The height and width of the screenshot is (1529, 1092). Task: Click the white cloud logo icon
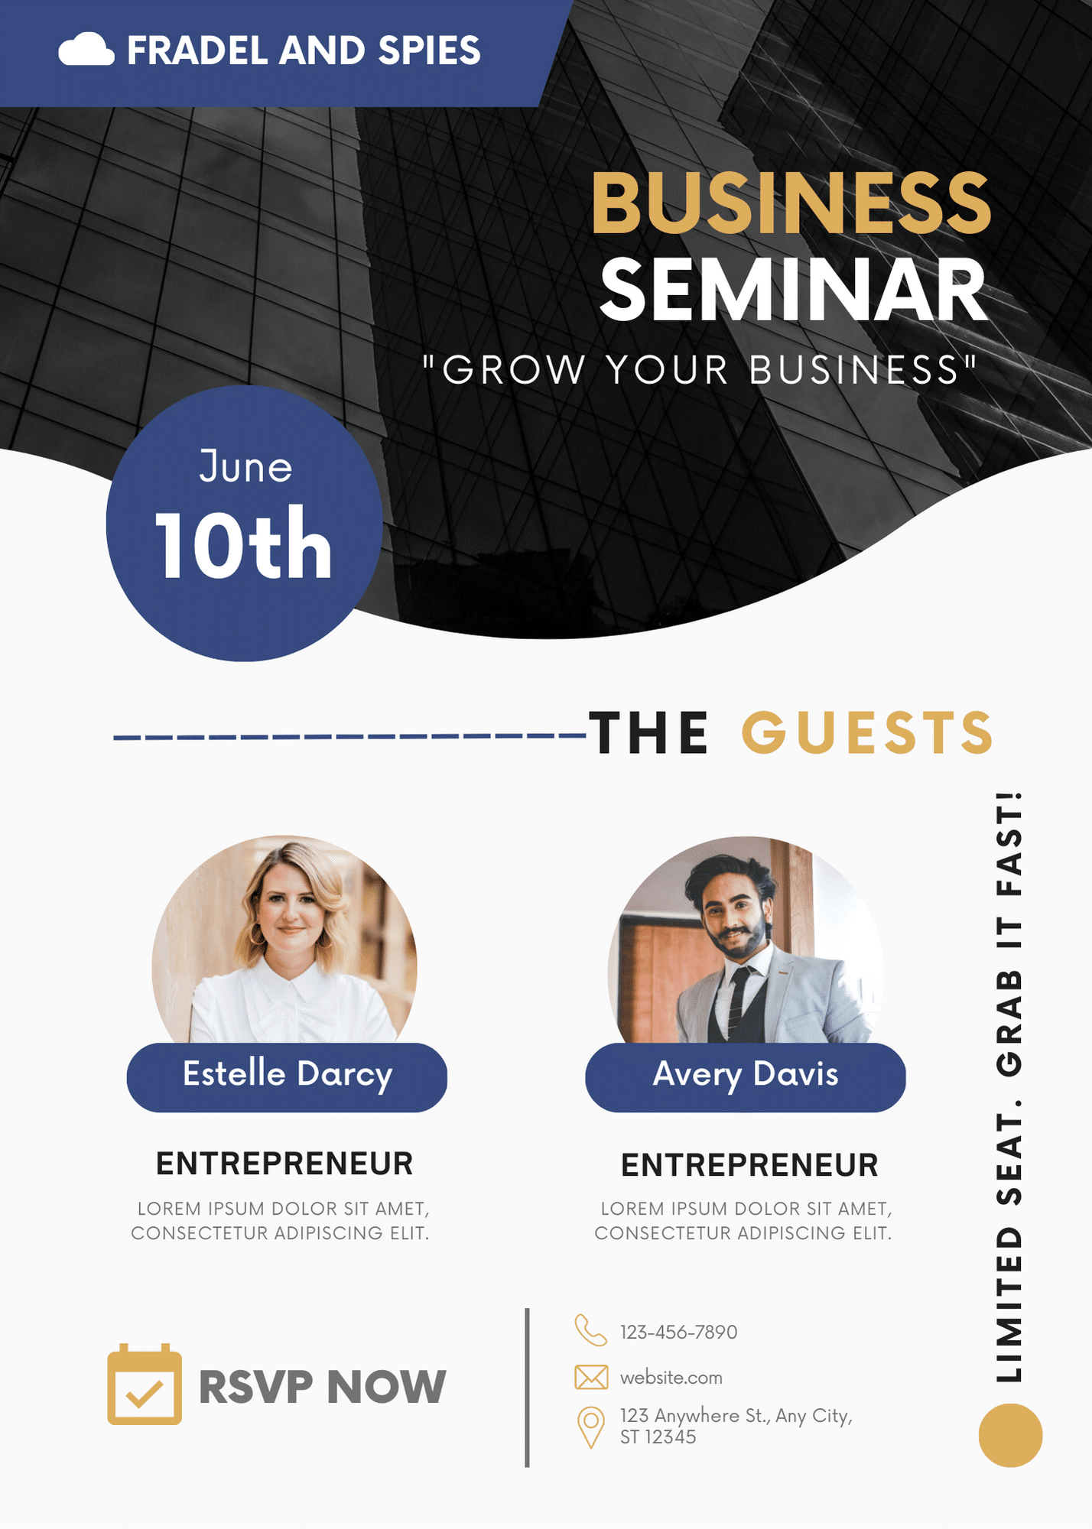[86, 50]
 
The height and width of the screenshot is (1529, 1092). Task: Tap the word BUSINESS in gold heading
[791, 203]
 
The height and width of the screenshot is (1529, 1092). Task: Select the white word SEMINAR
[794, 290]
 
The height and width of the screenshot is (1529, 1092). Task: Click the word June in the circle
[245, 466]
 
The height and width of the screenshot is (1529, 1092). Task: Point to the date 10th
[243, 544]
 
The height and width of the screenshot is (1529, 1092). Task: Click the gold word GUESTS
[867, 732]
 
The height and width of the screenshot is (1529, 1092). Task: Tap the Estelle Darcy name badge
[287, 1076]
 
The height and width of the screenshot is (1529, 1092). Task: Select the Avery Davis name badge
[746, 1076]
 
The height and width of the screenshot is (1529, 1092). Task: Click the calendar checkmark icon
[145, 1385]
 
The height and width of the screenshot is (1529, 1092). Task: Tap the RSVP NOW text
[322, 1386]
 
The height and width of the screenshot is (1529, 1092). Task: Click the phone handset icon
[590, 1330]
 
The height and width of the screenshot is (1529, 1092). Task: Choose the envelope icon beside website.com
[591, 1377]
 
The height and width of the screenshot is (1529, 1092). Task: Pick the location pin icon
[590, 1427]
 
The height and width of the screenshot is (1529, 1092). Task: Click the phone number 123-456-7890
[678, 1332]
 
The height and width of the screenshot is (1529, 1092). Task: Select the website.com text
[671, 1378]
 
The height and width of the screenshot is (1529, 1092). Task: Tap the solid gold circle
[1010, 1435]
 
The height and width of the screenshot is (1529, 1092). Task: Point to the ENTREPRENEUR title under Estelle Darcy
[284, 1164]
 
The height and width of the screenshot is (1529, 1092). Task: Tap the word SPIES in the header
[429, 50]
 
